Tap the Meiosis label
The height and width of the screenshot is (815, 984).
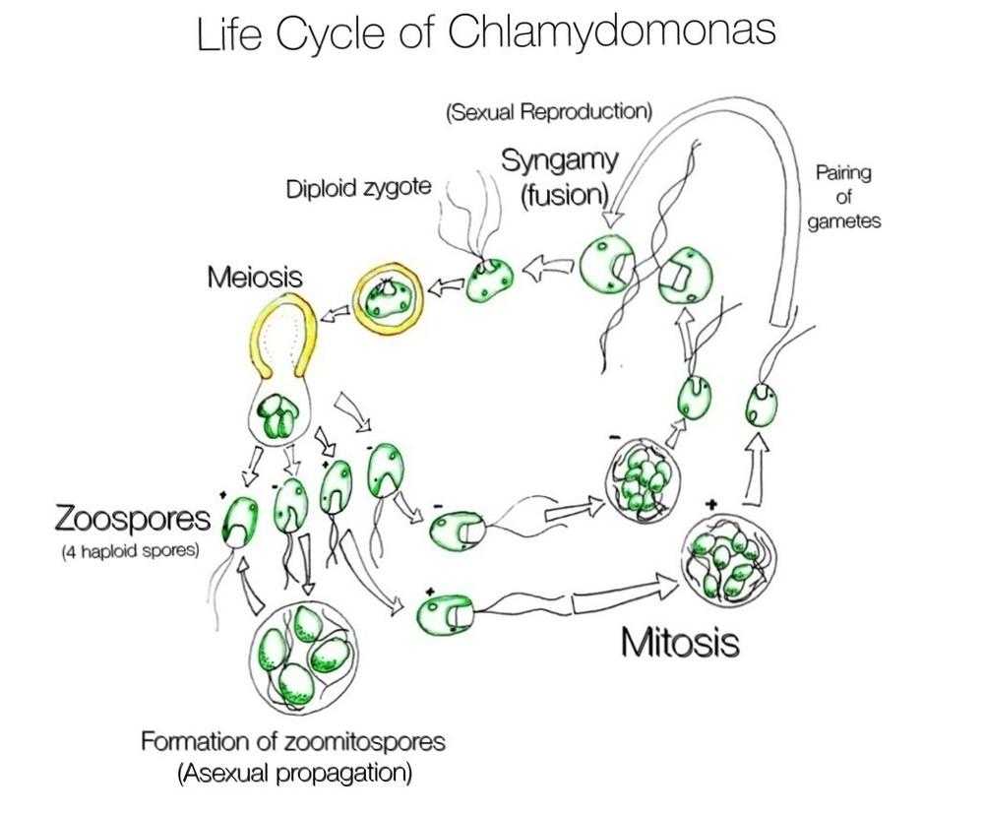[x=254, y=278]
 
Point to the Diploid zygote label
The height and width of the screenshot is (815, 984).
[x=358, y=187]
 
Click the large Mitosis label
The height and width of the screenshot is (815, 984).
[x=679, y=642]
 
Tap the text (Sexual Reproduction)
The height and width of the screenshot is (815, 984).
[x=549, y=111]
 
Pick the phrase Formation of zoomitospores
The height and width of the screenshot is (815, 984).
[x=292, y=740]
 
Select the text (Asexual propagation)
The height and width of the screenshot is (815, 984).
[x=293, y=773]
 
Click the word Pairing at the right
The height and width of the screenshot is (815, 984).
[x=843, y=173]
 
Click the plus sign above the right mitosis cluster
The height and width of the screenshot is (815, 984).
[x=711, y=504]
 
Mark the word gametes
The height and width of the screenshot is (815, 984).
[x=843, y=221]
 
